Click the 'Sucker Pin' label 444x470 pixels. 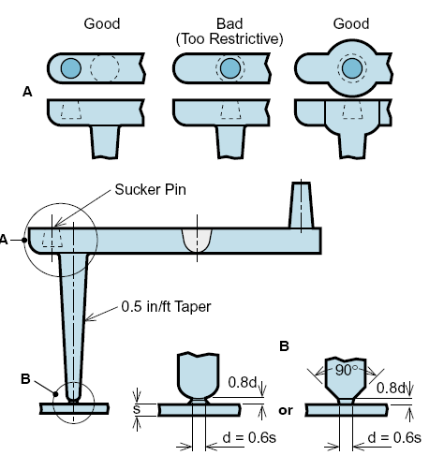150,189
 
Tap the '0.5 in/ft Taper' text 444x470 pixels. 166,307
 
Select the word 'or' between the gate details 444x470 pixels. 286,411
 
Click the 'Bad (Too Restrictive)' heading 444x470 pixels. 229,31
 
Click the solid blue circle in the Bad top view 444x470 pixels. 230,68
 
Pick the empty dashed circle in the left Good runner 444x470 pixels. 105,67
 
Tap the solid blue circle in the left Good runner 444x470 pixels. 71,68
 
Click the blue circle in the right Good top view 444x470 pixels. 352,68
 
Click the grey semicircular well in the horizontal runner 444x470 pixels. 197,240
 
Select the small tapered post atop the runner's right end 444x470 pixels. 302,205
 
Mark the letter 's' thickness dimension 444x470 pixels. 137,409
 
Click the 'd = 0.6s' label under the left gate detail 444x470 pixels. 249,438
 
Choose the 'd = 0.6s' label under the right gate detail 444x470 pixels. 394,438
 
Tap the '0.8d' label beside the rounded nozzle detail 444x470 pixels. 243,382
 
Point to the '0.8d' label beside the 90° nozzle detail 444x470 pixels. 391,389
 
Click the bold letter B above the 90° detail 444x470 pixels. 284,346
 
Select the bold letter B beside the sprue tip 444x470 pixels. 25,379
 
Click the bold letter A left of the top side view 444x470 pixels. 27,92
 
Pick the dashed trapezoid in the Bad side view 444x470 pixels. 230,110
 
